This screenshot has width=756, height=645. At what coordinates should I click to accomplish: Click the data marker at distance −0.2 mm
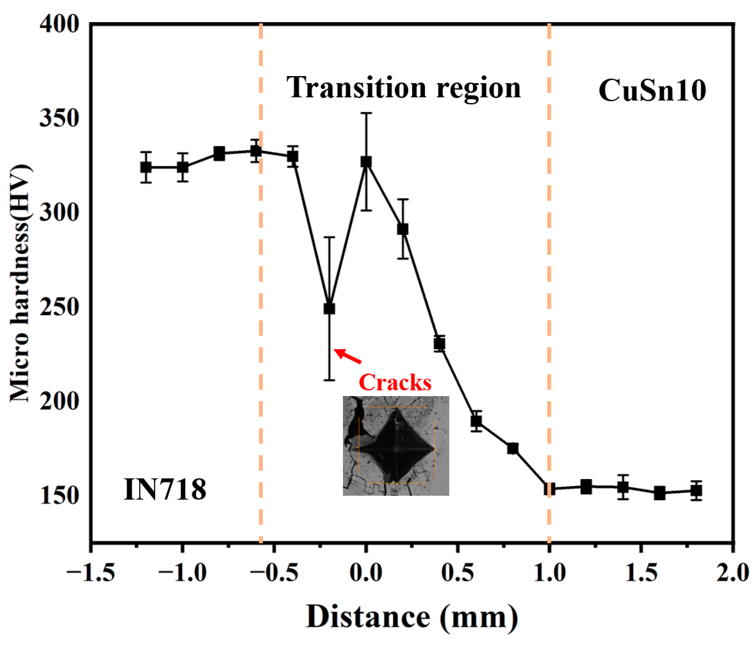(x=329, y=309)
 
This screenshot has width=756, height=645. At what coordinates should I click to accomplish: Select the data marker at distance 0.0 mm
(x=366, y=162)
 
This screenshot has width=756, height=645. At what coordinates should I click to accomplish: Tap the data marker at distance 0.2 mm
(x=402, y=229)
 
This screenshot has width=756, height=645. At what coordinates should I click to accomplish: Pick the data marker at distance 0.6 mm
(x=476, y=421)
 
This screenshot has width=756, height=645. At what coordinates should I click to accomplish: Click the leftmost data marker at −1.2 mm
(x=146, y=167)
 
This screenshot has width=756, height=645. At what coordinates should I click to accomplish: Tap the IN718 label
(x=165, y=489)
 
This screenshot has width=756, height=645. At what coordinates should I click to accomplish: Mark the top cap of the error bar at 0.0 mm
(x=366, y=113)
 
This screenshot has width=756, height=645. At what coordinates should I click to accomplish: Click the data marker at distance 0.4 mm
(x=439, y=344)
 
